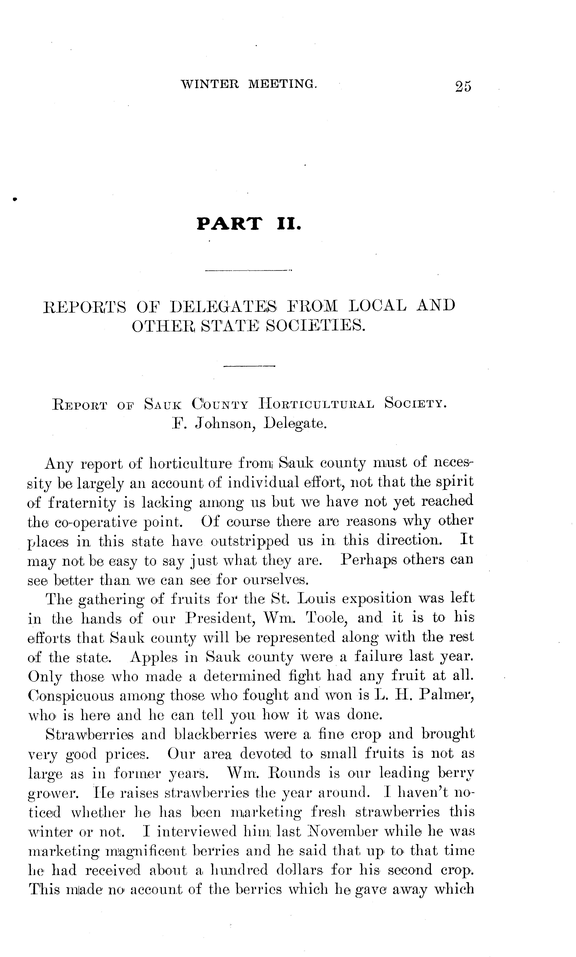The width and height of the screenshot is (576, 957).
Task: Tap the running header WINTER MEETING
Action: (249, 84)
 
